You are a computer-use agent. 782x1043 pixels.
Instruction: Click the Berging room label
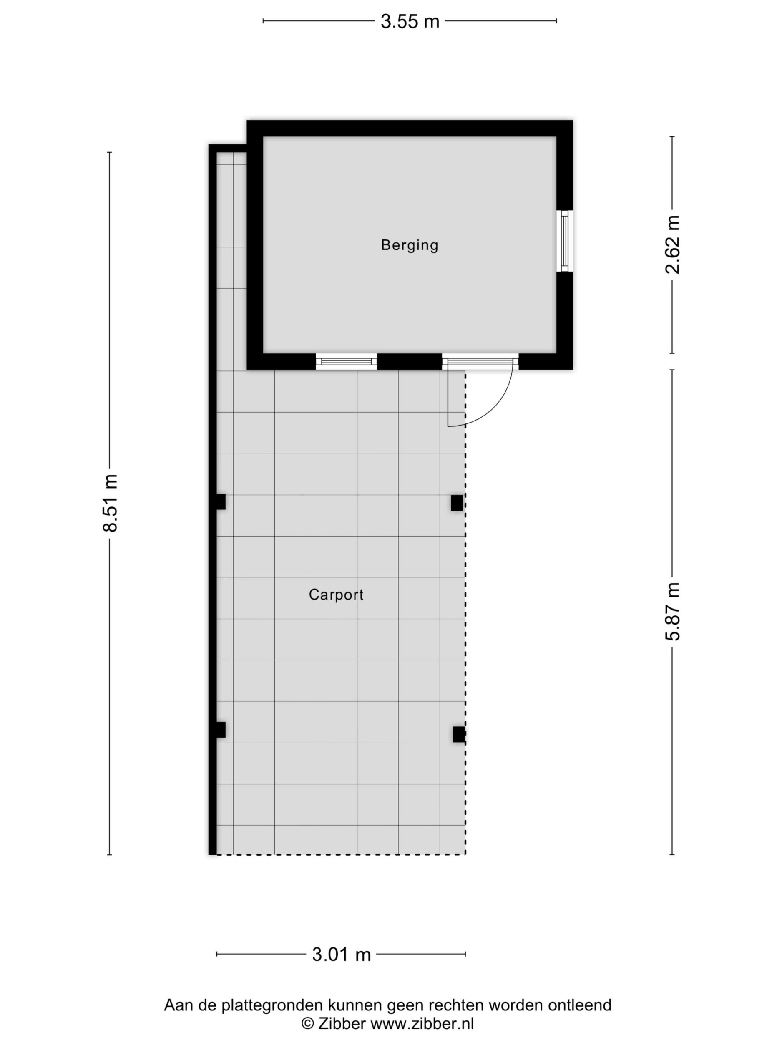pos(410,245)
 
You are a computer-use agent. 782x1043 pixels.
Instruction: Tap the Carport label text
pos(336,595)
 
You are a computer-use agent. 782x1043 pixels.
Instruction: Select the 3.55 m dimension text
pos(410,22)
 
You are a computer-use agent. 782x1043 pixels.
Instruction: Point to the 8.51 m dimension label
pos(110,503)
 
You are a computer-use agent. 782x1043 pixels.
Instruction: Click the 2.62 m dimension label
pos(673,245)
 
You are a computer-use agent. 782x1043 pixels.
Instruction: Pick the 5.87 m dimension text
pos(673,612)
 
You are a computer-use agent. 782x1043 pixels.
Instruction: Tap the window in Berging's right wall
pos(565,241)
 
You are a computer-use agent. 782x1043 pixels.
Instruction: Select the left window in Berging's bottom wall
pos(347,362)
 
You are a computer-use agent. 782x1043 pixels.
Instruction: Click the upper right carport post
pos(456,503)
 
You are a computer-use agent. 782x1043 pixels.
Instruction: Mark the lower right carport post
pos(459,734)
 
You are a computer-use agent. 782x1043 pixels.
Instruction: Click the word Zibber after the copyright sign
pos(342,1024)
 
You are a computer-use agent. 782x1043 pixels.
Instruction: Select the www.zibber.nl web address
pos(422,1024)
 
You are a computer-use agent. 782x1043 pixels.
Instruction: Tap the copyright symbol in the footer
pos(308,1024)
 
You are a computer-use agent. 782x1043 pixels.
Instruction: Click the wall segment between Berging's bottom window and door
pos(410,362)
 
